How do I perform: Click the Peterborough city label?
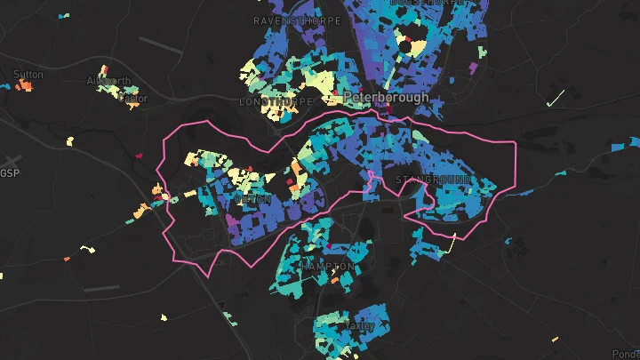386,97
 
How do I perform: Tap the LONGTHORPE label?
276,102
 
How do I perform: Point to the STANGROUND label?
433,180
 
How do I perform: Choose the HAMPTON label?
327,266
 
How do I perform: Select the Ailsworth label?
108,81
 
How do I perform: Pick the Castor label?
132,99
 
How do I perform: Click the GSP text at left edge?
11,172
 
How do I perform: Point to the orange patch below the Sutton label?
26,86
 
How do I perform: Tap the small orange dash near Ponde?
554,339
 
